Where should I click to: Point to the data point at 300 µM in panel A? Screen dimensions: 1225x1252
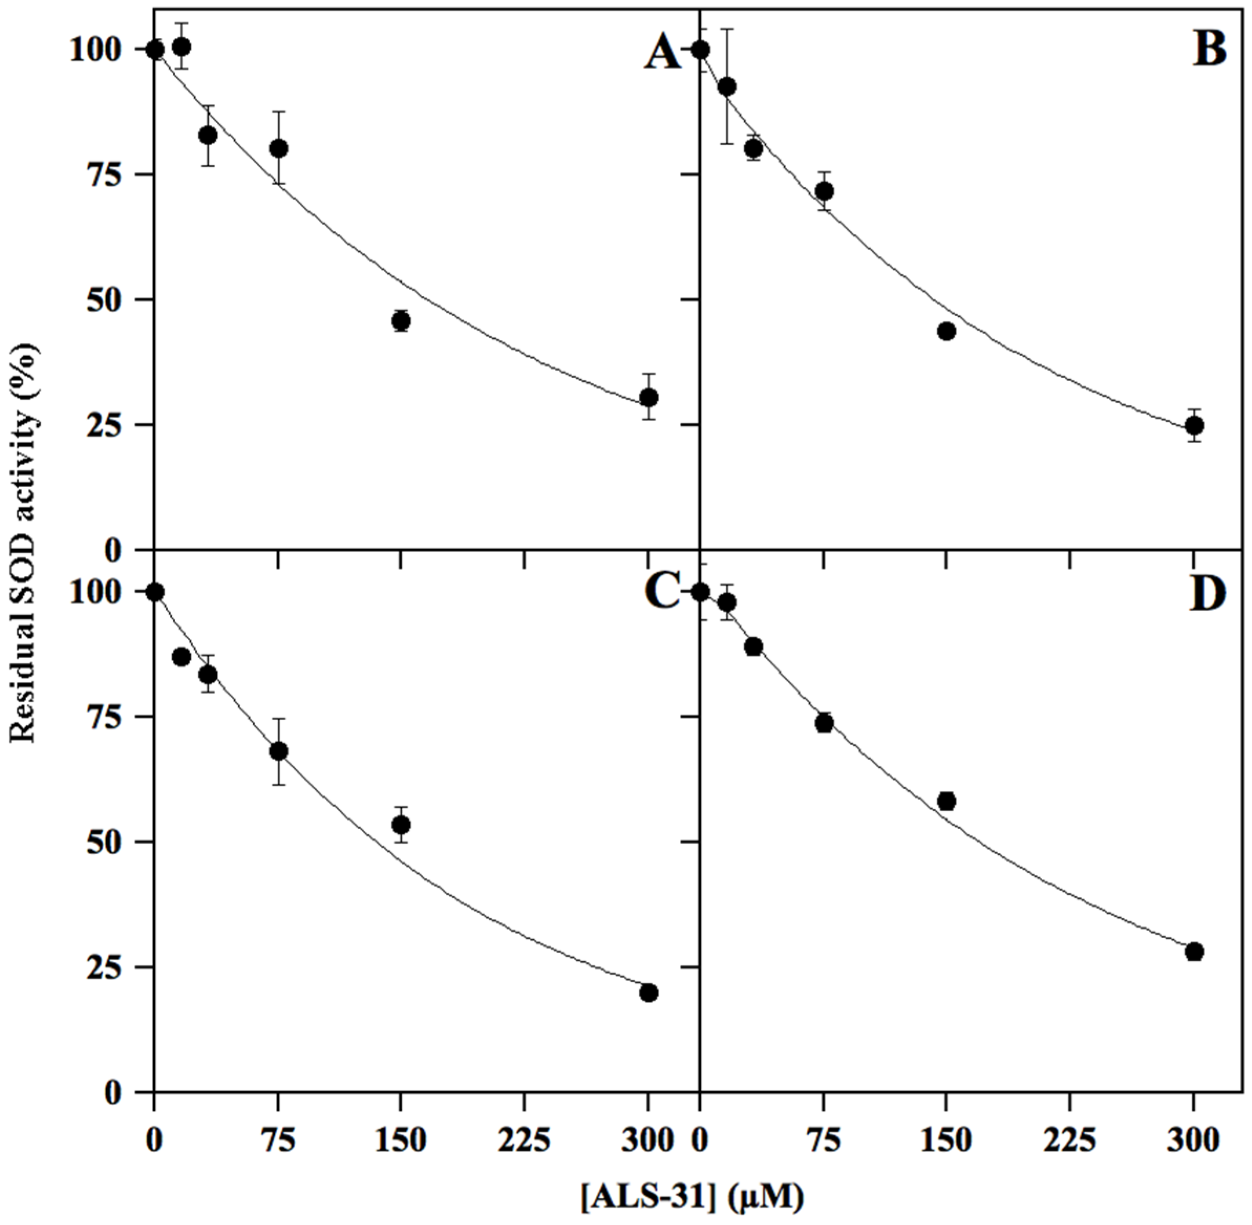(x=649, y=397)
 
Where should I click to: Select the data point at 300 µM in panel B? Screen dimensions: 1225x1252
(x=1195, y=425)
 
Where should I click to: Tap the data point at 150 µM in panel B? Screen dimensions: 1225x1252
(x=946, y=331)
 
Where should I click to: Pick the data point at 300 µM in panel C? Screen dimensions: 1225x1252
(x=649, y=993)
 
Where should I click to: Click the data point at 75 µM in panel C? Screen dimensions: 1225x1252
(x=279, y=751)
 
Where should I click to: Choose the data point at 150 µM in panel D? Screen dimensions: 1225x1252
(x=946, y=801)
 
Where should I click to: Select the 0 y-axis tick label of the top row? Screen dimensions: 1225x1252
(x=114, y=550)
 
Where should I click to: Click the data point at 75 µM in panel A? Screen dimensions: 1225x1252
(x=279, y=148)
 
